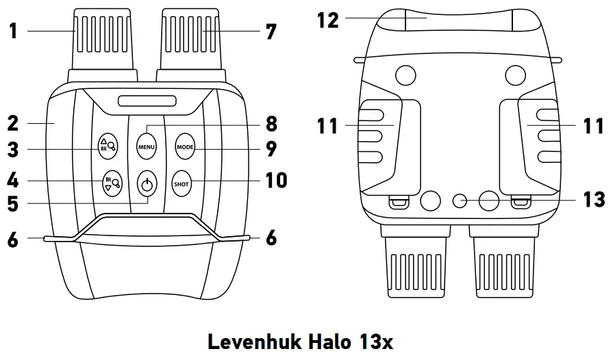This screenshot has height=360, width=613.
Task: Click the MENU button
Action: tap(147, 146)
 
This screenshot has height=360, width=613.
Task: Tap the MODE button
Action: tap(185, 146)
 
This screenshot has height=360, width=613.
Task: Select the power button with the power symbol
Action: tap(147, 183)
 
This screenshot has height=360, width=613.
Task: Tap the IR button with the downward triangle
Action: tap(110, 183)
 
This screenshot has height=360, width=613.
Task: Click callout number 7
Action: tap(271, 30)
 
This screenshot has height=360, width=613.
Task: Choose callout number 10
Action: tap(276, 181)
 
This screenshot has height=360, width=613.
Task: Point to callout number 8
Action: tap(271, 124)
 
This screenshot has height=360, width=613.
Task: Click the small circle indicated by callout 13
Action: tap(461, 201)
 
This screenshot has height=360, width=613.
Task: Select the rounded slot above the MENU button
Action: tap(147, 102)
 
